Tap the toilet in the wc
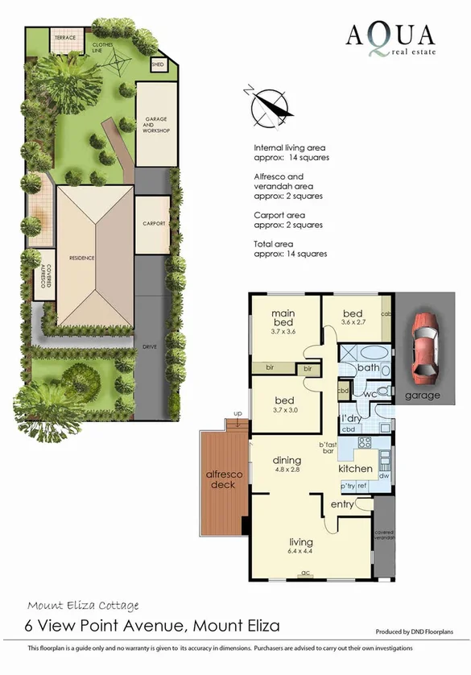(x=384, y=391)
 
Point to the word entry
(x=342, y=504)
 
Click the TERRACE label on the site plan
(x=64, y=38)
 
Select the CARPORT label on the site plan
(x=153, y=223)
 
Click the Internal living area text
(x=291, y=152)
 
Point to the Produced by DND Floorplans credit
(x=421, y=632)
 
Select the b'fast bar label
(x=327, y=448)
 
